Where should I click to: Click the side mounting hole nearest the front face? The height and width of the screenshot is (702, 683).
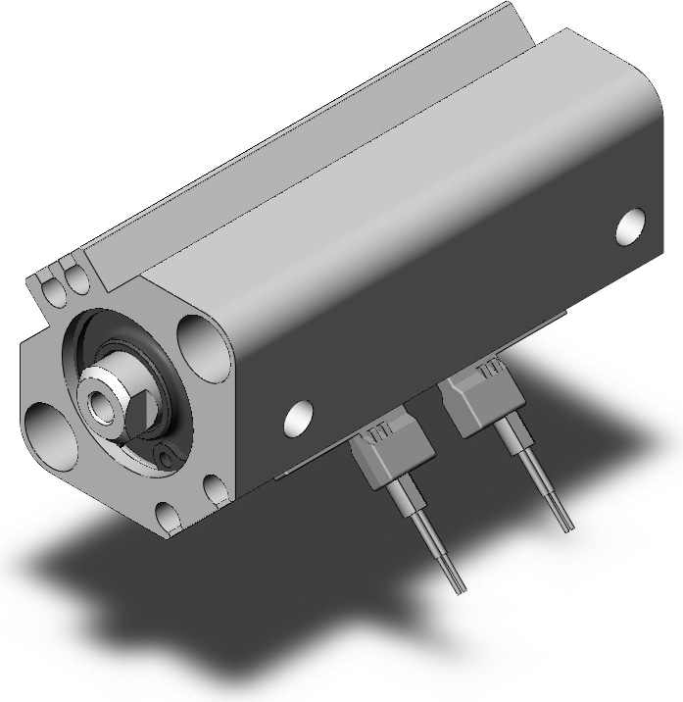point(299,419)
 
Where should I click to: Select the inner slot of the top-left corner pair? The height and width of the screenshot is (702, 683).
point(73,275)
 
